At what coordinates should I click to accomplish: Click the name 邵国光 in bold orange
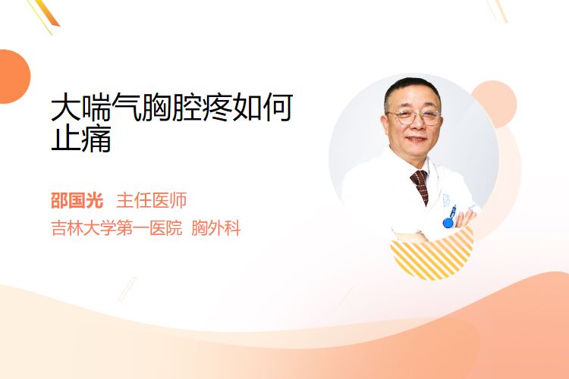(x=77, y=200)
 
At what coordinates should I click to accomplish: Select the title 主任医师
(x=152, y=200)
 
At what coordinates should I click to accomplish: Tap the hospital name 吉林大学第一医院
(x=117, y=228)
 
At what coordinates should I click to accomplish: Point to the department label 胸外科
(x=216, y=228)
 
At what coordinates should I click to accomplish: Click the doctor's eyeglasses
(x=414, y=117)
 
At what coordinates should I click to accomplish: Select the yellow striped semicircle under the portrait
(x=432, y=254)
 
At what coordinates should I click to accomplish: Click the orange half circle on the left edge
(x=14, y=77)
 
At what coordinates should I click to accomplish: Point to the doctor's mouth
(x=417, y=139)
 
